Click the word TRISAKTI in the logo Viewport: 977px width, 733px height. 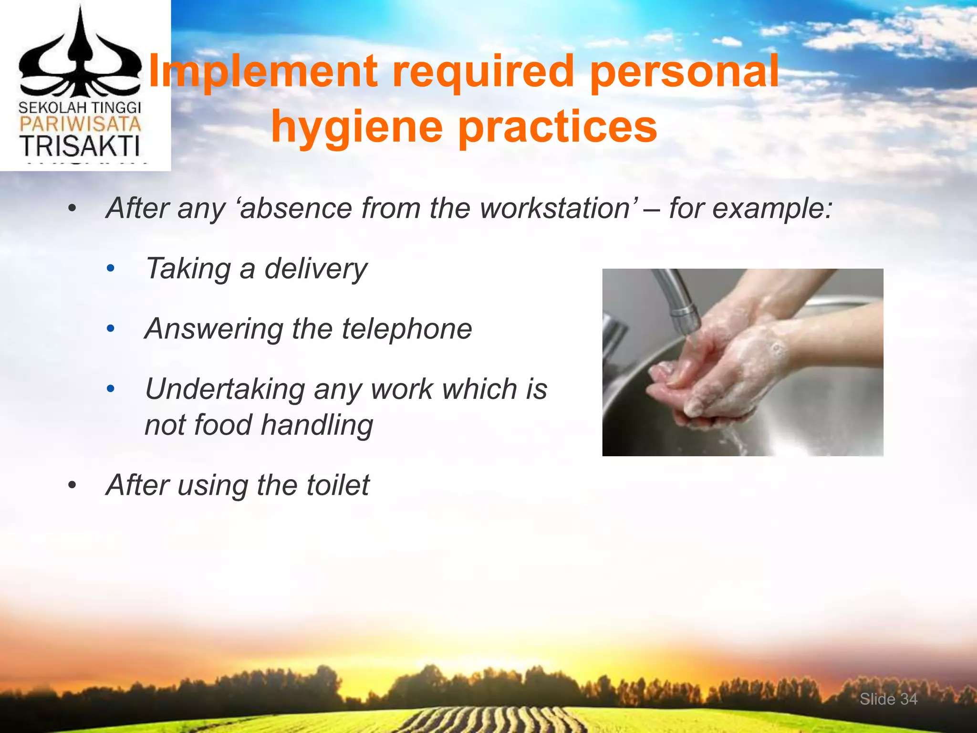click(80, 146)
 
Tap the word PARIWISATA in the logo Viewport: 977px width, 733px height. click(80, 125)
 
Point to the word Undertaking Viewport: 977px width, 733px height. click(225, 389)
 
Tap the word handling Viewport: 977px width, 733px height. click(317, 425)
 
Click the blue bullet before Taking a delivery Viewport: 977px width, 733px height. click(111, 269)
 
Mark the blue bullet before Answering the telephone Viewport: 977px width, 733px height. click(111, 329)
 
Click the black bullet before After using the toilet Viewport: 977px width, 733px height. click(72, 486)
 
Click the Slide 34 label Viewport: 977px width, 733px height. click(888, 699)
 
